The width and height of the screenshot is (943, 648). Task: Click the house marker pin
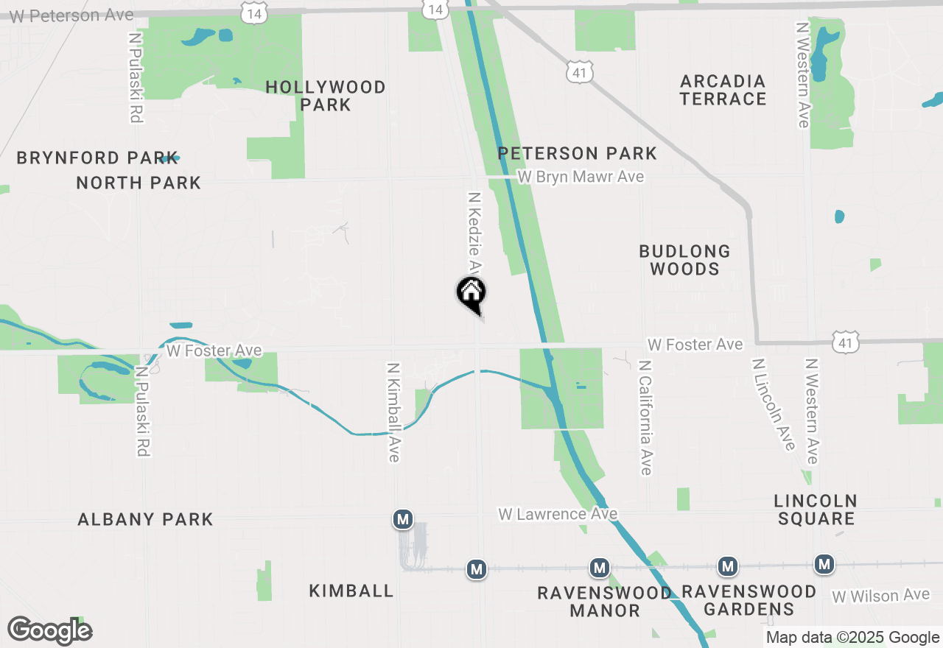click(471, 295)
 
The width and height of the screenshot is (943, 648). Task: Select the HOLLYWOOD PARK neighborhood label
click(326, 96)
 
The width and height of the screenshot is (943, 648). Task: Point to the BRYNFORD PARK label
click(97, 158)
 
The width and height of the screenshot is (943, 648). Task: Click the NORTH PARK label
click(139, 183)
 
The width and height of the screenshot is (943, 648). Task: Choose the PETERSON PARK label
click(577, 153)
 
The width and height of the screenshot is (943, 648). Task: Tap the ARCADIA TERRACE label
click(723, 90)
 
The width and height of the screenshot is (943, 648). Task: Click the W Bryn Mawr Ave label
click(581, 177)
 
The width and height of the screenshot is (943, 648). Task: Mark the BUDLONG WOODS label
click(684, 260)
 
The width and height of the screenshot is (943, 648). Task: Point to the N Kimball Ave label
click(393, 412)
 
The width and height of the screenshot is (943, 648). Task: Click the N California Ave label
click(645, 418)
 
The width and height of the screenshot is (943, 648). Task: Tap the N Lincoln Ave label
click(773, 404)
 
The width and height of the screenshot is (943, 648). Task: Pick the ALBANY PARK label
click(145, 519)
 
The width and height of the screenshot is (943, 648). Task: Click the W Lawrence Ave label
click(558, 514)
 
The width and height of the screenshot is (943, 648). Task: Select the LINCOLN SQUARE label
click(816, 510)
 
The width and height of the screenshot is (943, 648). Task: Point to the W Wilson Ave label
click(880, 595)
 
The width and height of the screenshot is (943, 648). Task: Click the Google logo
click(49, 631)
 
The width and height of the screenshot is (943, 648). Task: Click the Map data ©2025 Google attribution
click(852, 638)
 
